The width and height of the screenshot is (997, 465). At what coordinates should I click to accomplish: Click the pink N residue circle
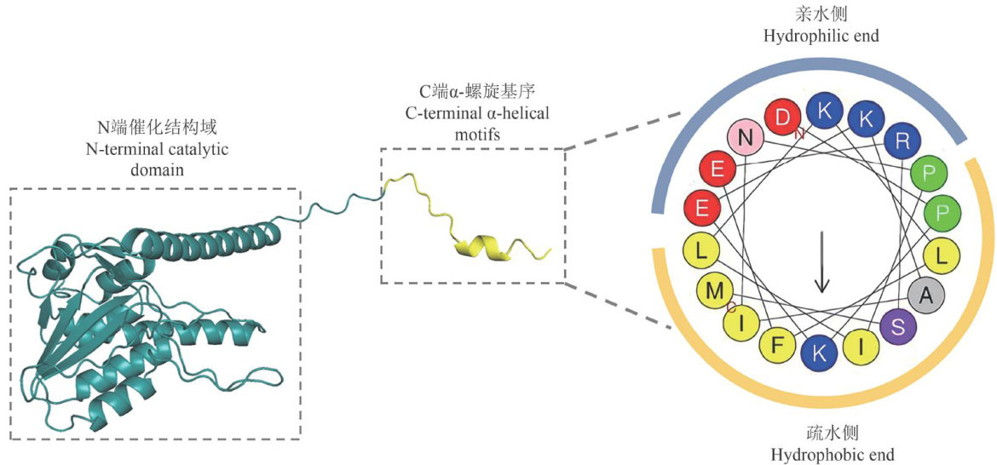tap(746, 136)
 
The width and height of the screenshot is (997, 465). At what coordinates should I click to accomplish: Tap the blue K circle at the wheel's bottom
tap(819, 354)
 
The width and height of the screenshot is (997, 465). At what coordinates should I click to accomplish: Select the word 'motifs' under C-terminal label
tap(473, 131)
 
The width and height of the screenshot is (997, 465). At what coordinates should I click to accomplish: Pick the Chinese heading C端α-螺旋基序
tap(472, 91)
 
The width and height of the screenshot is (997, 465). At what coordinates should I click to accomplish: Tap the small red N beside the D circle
tap(798, 133)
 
